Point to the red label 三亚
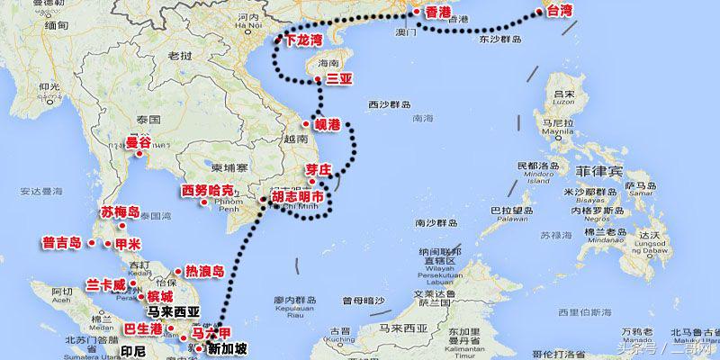(339, 80)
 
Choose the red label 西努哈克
(207, 191)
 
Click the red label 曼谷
(139, 142)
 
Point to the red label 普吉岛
(62, 243)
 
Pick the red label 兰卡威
(106, 283)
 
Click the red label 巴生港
(143, 329)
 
